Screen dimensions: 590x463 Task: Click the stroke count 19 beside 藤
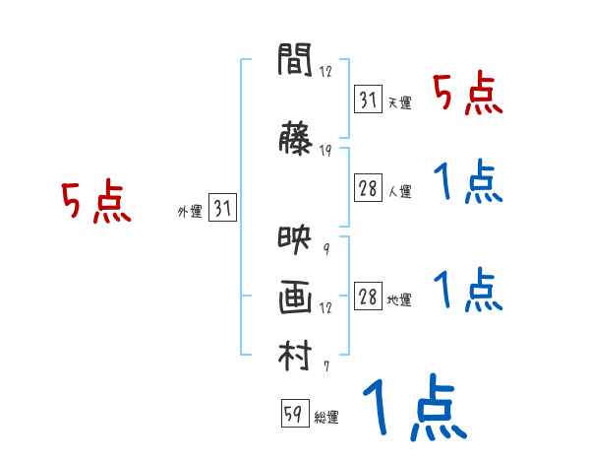click(x=325, y=151)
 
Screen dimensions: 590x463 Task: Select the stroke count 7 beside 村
click(x=325, y=366)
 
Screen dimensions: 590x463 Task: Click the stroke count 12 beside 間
click(x=325, y=71)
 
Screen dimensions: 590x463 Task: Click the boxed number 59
click(x=292, y=415)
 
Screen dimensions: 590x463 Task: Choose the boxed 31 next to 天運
click(x=368, y=100)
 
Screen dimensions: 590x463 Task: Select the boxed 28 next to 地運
click(x=368, y=298)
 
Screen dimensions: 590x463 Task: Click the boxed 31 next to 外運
click(x=222, y=209)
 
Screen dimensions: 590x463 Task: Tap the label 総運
click(x=326, y=418)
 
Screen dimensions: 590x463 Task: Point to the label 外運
click(x=189, y=211)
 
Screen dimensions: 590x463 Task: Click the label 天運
click(x=399, y=102)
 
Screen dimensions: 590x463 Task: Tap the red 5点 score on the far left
click(x=95, y=203)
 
